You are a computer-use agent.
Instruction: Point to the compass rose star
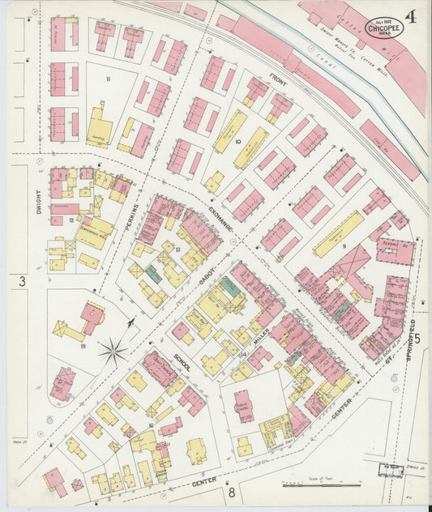pyautogui.click(x=113, y=352)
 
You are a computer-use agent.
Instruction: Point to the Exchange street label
pyautogui.click(x=218, y=216)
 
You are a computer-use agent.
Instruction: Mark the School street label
pyautogui.click(x=181, y=362)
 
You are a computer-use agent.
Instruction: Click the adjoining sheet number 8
pyautogui.click(x=231, y=492)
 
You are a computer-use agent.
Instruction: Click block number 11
pyautogui.click(x=108, y=79)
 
